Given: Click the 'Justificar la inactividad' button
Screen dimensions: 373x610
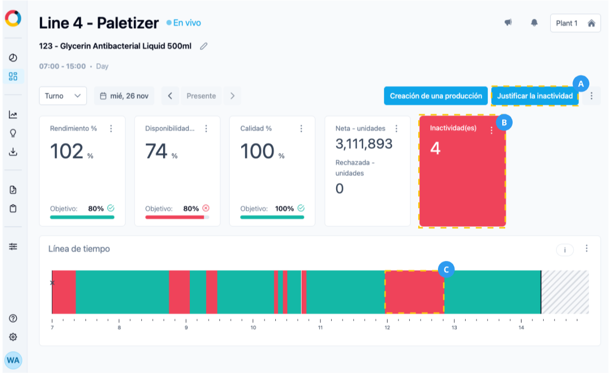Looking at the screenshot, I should click(x=534, y=96).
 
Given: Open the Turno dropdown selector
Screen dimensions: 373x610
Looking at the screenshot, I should click(x=63, y=96).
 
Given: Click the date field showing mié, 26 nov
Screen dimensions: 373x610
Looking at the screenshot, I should click(x=124, y=96).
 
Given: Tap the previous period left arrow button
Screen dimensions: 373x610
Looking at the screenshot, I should click(x=170, y=96).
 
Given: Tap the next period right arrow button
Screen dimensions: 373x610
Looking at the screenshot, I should click(x=232, y=96).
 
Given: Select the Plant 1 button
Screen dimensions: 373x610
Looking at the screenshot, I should click(x=575, y=23).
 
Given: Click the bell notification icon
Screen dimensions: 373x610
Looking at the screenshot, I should click(x=534, y=23).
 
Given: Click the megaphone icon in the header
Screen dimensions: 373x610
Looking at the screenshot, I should click(x=508, y=23).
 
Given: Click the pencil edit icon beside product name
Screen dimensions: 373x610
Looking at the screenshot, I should click(x=204, y=46).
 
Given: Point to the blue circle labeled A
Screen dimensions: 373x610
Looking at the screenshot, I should click(x=580, y=83).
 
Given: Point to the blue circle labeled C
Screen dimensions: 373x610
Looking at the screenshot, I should click(x=446, y=269).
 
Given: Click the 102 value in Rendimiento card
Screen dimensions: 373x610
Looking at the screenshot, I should click(x=67, y=151).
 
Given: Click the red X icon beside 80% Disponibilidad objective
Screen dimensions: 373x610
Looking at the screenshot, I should click(x=206, y=208).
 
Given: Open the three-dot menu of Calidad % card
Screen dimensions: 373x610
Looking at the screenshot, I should click(x=301, y=128).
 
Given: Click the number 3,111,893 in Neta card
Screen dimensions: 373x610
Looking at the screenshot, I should click(x=364, y=144).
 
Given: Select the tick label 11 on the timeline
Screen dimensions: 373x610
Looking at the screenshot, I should click(x=320, y=328).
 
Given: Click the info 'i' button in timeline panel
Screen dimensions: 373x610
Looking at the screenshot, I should click(x=565, y=250).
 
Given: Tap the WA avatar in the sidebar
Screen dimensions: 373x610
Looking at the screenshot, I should click(x=13, y=360).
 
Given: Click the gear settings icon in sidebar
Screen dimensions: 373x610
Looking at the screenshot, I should click(x=13, y=337).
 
